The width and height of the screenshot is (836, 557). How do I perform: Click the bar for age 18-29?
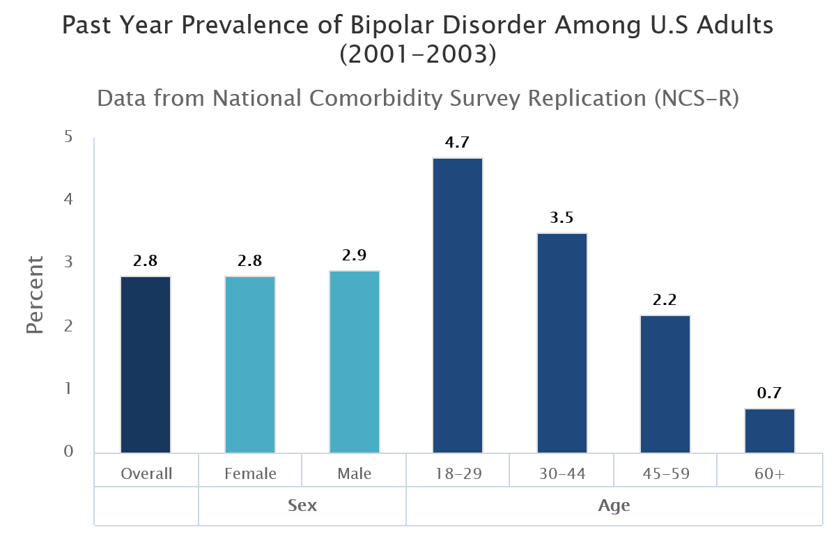(x=458, y=306)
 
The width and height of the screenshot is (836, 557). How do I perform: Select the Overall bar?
(x=146, y=365)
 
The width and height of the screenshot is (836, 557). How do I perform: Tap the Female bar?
(x=250, y=365)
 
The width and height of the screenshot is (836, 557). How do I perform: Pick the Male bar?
(x=355, y=362)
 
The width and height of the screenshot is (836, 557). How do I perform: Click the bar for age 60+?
(x=770, y=431)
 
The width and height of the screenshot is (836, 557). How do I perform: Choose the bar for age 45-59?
(x=665, y=384)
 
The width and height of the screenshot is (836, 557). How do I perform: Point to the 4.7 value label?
(x=458, y=143)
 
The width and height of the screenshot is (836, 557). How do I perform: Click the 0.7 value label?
(x=770, y=393)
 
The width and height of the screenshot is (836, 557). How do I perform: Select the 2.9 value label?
(x=355, y=256)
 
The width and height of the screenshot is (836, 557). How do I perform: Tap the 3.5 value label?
(x=562, y=218)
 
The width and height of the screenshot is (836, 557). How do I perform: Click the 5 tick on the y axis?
(x=68, y=136)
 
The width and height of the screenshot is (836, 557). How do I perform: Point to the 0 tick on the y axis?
(x=68, y=452)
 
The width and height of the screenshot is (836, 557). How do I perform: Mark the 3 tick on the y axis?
(x=68, y=262)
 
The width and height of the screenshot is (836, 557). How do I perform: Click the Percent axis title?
(x=35, y=295)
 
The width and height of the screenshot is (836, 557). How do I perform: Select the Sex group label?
(x=302, y=505)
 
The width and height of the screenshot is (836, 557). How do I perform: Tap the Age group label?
(x=614, y=505)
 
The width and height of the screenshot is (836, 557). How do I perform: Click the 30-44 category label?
(x=562, y=474)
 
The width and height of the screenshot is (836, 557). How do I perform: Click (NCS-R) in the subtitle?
(x=696, y=98)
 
